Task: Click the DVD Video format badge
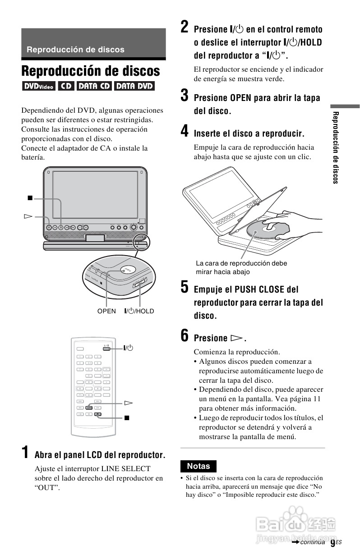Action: point(38,86)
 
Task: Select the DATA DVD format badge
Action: point(134,86)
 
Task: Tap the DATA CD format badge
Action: point(94,86)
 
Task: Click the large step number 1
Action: point(27,453)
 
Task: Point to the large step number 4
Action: point(185,132)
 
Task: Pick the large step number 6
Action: point(185,336)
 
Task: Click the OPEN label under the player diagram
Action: point(106,311)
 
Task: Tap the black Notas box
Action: point(198,466)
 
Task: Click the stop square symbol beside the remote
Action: point(127,418)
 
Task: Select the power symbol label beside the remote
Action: point(129,348)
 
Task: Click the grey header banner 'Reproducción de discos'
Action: point(93,44)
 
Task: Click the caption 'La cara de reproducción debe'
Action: point(241,263)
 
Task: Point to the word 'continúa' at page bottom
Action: point(312,542)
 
